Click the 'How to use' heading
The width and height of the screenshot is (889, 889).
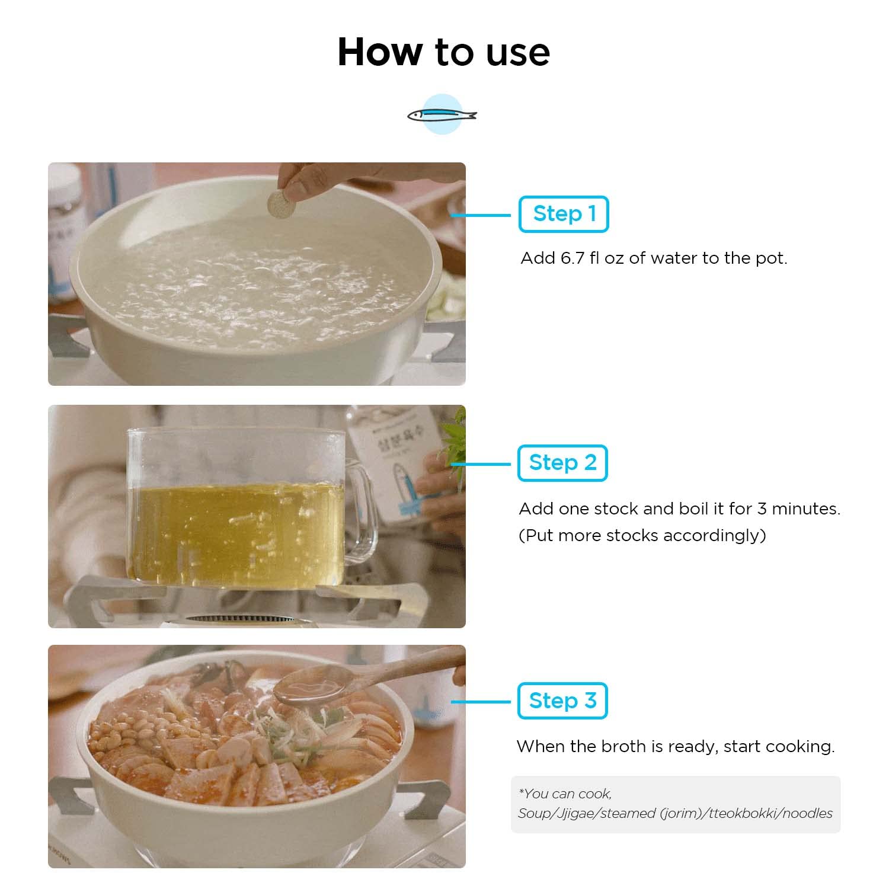[x=443, y=52]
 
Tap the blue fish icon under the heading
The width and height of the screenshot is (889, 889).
[x=442, y=114]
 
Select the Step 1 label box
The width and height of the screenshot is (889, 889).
[x=563, y=214]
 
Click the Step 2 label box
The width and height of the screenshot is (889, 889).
[x=562, y=463]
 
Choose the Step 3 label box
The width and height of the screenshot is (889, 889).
[x=562, y=701]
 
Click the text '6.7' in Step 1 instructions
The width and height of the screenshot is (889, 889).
[x=572, y=258]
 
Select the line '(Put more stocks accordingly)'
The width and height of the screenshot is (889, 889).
[x=642, y=535]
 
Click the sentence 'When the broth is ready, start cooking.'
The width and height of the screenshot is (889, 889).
[x=675, y=746]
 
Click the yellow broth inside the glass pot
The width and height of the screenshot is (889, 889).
[x=237, y=533]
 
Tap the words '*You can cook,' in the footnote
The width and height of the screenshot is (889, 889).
[x=565, y=793]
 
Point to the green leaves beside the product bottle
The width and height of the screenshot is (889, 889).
[x=455, y=439]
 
